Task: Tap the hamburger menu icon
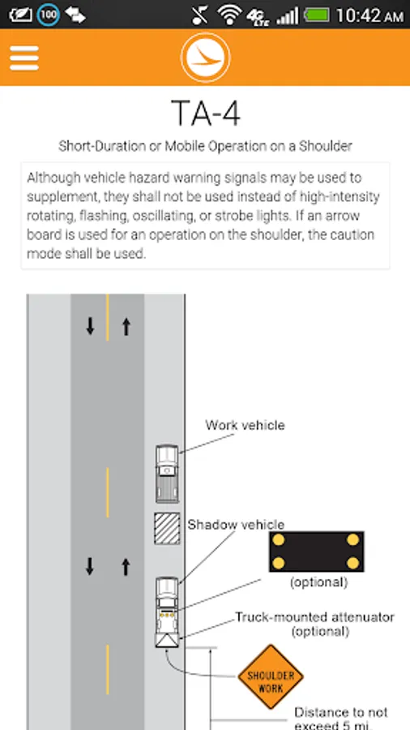[23, 58]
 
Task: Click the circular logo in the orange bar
[205, 58]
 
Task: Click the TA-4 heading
[206, 113]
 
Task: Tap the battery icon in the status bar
[316, 15]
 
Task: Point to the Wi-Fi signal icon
[228, 15]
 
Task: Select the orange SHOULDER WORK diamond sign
[271, 676]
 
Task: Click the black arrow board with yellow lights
[316, 552]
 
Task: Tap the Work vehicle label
[245, 425]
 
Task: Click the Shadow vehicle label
[236, 525]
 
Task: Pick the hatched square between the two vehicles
[167, 528]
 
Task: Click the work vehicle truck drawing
[167, 474]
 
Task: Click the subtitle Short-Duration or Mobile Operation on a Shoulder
[205, 146]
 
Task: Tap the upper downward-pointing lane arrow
[90, 326]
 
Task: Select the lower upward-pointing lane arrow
[126, 567]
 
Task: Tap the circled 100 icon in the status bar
[49, 15]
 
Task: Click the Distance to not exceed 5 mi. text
[341, 719]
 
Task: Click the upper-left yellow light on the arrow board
[279, 540]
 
